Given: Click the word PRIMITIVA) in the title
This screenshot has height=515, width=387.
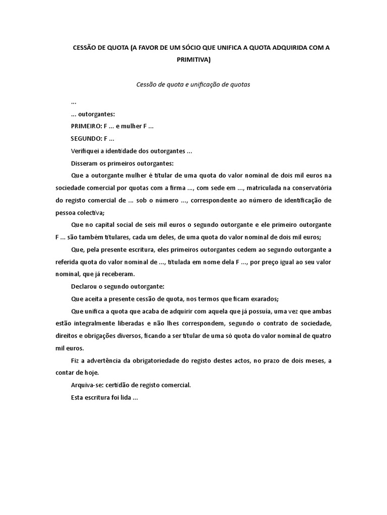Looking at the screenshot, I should (x=193, y=60).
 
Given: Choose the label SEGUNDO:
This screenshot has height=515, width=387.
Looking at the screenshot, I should (x=86, y=139).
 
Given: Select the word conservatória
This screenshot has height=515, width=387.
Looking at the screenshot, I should (x=310, y=188).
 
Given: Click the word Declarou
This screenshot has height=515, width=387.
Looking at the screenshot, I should (x=85, y=287).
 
